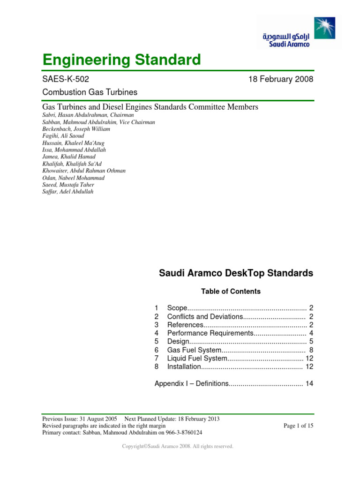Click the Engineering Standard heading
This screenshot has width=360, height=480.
click(x=121, y=60)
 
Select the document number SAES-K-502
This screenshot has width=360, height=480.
click(x=66, y=80)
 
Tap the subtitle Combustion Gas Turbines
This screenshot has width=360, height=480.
click(x=90, y=92)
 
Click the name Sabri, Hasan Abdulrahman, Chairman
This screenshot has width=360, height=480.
click(x=88, y=115)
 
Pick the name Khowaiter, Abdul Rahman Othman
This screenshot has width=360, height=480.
click(x=84, y=171)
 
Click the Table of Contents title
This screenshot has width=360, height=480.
click(x=231, y=292)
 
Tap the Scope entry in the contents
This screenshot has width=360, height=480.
click(x=178, y=308)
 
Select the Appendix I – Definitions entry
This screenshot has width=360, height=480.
click(x=191, y=384)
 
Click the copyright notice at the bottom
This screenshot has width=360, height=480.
click(x=178, y=447)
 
